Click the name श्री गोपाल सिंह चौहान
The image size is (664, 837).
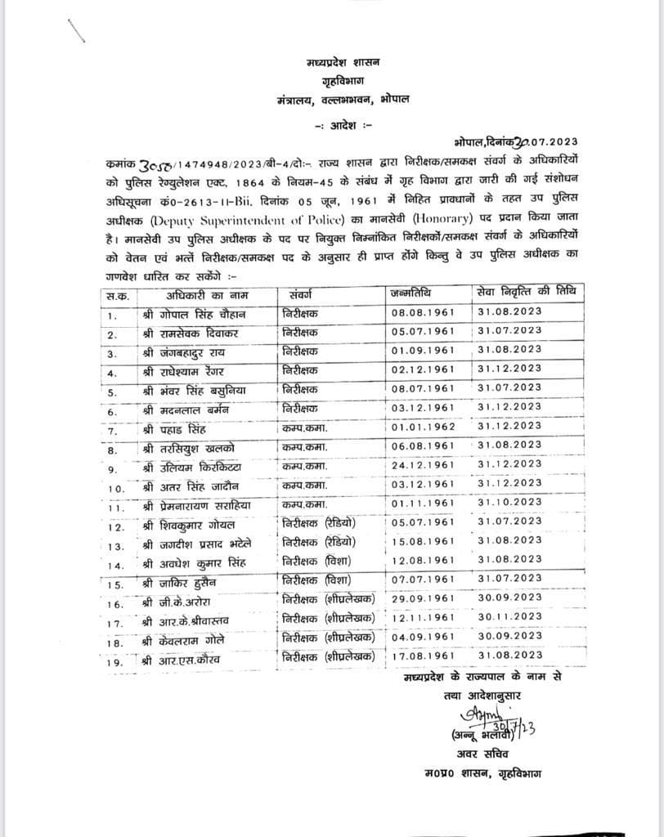(x=202, y=314)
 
